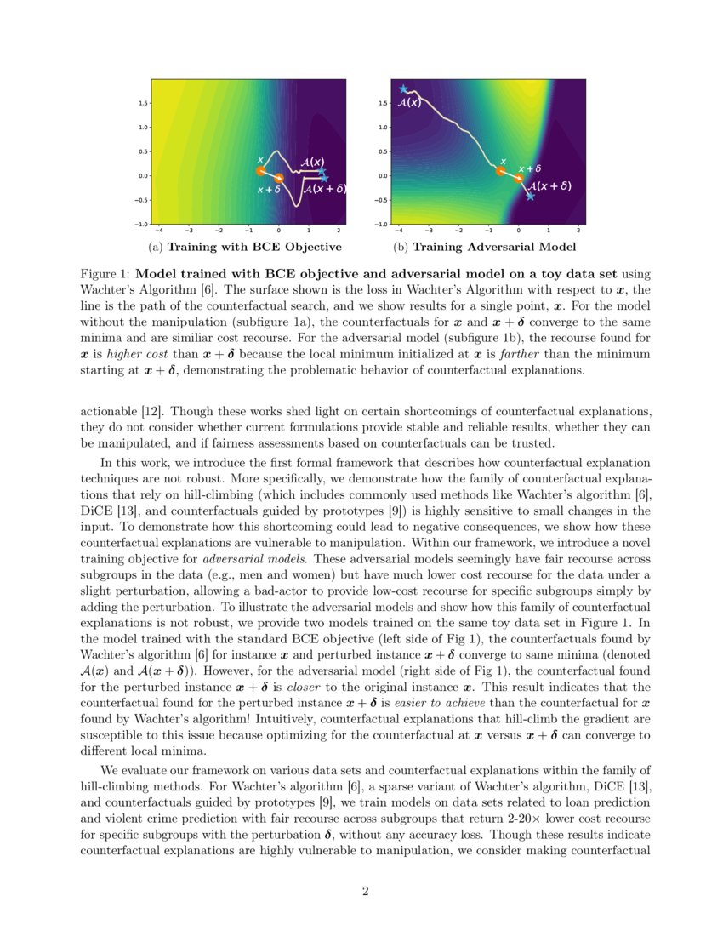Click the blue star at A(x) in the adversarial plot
(404, 89)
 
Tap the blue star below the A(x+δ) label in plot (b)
(530, 197)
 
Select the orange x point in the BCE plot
(260, 171)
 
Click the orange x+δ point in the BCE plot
(279, 179)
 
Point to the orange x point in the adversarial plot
(501, 171)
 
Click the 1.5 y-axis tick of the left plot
(144, 103)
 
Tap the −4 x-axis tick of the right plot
(399, 231)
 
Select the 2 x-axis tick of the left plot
(339, 231)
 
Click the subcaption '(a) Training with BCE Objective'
(245, 247)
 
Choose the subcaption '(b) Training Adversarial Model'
(484, 247)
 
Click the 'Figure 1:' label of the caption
(105, 275)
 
